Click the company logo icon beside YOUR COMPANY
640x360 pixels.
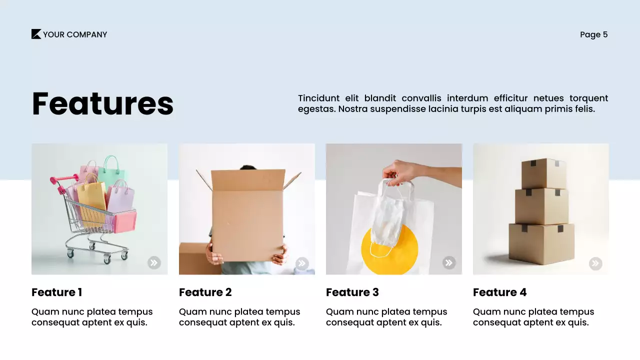tap(36, 34)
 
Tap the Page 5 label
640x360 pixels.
tap(593, 34)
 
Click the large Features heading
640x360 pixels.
tap(102, 103)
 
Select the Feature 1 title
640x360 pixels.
tap(56, 292)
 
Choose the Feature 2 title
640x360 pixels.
tap(205, 292)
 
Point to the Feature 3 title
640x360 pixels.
tap(352, 292)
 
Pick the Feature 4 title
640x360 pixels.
tap(499, 292)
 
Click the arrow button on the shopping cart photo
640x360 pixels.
tap(154, 262)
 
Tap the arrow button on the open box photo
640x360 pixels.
tap(301, 263)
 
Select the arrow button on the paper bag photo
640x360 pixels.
tap(449, 262)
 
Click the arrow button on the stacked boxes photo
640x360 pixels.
tap(595, 263)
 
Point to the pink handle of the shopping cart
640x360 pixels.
tap(56, 181)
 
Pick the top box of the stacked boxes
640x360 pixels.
tap(543, 173)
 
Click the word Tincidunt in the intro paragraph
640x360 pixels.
tap(318, 98)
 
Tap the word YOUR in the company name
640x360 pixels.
tap(53, 34)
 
